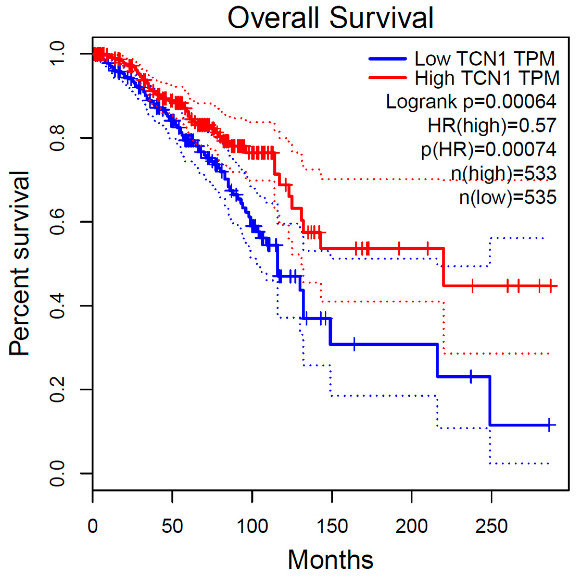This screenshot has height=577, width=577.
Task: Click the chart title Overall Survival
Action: click(330, 18)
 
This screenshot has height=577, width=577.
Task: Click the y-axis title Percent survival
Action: click(19, 263)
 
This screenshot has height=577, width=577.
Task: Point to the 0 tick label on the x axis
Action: click(93, 526)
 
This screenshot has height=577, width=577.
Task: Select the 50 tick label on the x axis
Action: click(172, 526)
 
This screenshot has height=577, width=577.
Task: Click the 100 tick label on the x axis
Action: click(252, 526)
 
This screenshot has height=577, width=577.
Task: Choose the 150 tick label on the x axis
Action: click(332, 526)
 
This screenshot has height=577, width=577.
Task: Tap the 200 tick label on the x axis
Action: click(412, 526)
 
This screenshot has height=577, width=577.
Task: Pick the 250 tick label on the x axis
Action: click(492, 526)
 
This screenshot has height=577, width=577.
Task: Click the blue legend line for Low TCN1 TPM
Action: click(388, 59)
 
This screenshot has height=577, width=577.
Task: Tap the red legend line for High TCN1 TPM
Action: click(388, 78)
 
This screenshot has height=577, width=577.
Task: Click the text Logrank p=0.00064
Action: click(471, 102)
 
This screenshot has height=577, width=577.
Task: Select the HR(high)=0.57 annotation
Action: click(492, 125)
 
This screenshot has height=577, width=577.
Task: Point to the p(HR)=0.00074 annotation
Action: click(489, 149)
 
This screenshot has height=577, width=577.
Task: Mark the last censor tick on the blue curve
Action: click(549, 425)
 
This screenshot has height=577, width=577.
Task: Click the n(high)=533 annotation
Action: click(504, 173)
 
